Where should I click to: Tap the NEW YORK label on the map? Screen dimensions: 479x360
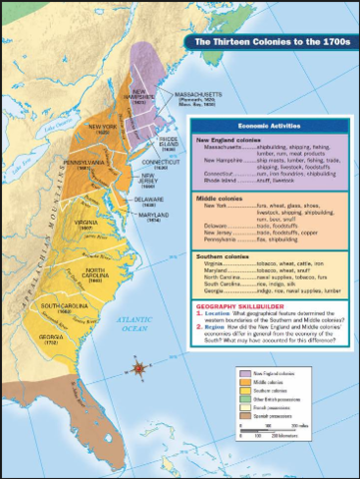103,127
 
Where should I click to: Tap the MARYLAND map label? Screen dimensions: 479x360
155,213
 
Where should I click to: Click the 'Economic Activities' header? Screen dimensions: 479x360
270,127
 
